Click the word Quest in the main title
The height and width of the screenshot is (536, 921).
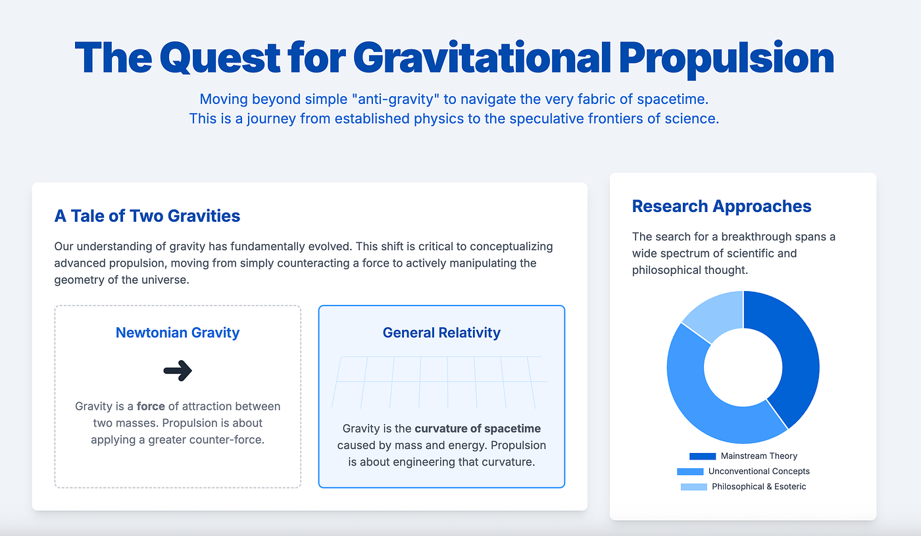click(x=220, y=58)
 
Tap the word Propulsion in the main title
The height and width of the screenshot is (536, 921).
click(x=726, y=59)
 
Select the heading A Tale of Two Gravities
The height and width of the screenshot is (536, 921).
click(x=147, y=216)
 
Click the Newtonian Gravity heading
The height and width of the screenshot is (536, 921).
click(x=178, y=333)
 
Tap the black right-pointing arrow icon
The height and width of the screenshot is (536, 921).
click(x=178, y=371)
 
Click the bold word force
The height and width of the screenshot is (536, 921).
click(x=151, y=406)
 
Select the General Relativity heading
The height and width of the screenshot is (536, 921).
click(x=441, y=333)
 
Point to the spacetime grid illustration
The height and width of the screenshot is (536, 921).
click(x=439, y=383)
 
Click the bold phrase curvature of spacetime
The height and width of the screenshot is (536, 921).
click(x=478, y=429)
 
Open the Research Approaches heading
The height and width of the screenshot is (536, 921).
click(x=722, y=206)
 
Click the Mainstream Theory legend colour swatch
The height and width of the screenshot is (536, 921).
click(x=703, y=456)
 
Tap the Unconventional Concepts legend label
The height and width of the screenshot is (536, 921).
click(x=759, y=471)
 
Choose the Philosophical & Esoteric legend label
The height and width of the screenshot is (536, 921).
click(x=759, y=487)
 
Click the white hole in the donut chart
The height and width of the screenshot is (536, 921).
click(x=743, y=367)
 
